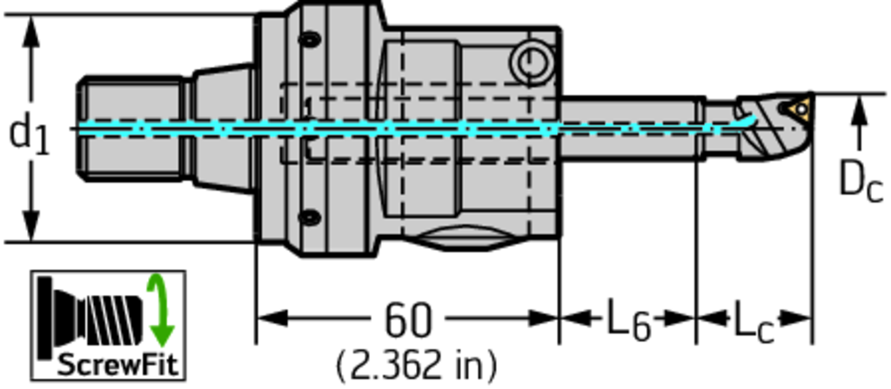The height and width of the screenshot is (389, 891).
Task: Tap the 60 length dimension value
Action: [x=409, y=320]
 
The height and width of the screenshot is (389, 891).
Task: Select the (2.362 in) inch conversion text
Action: [x=417, y=366]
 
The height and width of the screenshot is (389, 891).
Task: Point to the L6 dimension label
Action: [x=628, y=321]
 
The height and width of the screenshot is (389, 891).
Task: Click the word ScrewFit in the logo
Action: [x=118, y=365]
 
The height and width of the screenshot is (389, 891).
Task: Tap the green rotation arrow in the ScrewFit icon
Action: [x=161, y=310]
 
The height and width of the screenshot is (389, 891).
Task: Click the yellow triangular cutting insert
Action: [x=801, y=108]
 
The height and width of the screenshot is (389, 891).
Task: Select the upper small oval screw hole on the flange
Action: [x=310, y=40]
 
